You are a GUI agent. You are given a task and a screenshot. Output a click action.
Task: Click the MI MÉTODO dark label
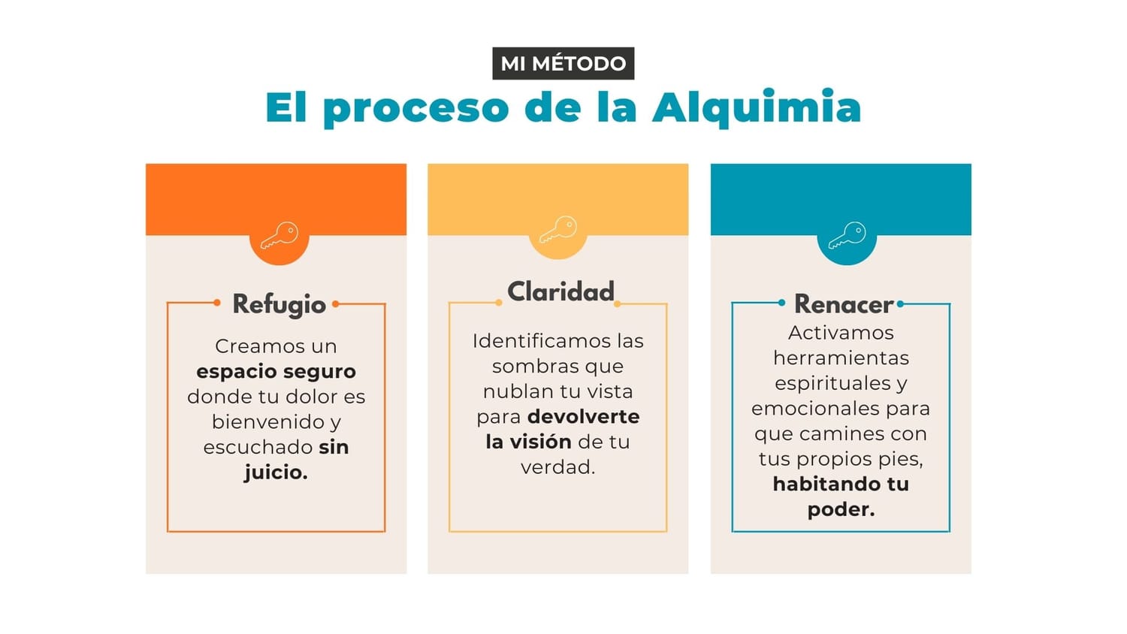coord(563,63)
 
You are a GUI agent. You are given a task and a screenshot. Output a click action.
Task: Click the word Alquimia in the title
coord(757,107)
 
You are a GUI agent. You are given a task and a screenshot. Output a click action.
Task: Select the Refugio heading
coord(279,304)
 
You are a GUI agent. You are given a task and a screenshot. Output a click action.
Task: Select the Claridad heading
coord(560,291)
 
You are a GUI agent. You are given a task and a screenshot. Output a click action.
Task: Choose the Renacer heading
coord(843,304)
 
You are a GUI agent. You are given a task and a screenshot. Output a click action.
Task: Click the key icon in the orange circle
coord(279,235)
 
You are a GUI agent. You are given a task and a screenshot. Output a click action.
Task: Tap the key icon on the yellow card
coord(558,229)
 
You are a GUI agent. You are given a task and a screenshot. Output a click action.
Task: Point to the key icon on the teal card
coord(847,235)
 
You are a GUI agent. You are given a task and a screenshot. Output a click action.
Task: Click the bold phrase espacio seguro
coord(276,371)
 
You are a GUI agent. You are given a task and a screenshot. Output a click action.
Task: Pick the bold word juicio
coord(275,472)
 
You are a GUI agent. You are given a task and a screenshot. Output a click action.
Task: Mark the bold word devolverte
coord(584,416)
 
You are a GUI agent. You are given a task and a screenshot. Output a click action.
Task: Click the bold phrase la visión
coord(528,442)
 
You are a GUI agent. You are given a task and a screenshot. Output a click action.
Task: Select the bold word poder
coord(840,509)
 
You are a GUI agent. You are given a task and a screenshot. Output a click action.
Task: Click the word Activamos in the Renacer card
coord(840,333)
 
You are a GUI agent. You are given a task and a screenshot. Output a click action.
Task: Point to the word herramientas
coord(841,358)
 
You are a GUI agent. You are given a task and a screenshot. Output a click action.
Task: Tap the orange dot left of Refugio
coord(217,303)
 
